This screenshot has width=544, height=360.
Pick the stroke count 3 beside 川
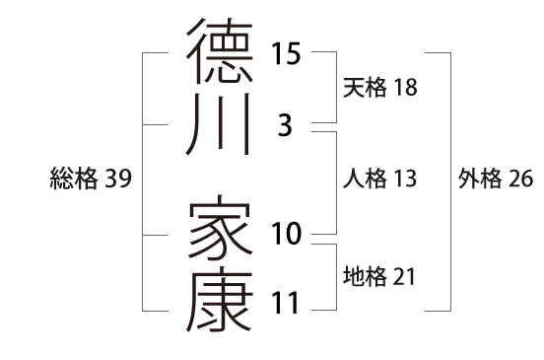286,126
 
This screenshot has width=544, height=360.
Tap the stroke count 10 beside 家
286,235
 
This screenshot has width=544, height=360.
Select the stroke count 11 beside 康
286,304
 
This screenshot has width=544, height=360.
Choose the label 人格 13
379,179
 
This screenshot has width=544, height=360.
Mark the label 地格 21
379,277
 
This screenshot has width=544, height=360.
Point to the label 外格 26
495,179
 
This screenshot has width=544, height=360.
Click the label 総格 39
91,179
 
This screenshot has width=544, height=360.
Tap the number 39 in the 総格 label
118,179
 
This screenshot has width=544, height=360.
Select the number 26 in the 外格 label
519,179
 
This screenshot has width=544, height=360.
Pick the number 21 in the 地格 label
404,277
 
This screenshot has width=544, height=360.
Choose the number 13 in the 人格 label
404,179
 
